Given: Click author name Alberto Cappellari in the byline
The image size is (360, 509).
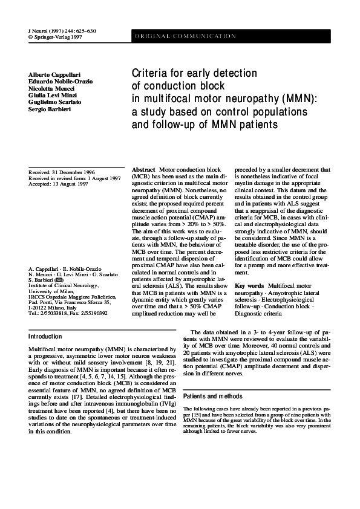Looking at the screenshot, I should (x=54, y=73).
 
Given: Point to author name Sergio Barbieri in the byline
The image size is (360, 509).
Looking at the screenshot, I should (x=48, y=109).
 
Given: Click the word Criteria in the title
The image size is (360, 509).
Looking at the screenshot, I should (x=152, y=74).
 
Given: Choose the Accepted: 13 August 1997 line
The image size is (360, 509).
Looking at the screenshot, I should (x=58, y=183).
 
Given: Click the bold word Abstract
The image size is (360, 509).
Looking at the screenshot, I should (x=143, y=170).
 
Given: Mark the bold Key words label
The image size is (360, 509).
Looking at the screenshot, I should (x=249, y=285).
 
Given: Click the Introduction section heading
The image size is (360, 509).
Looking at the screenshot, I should (x=46, y=336).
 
